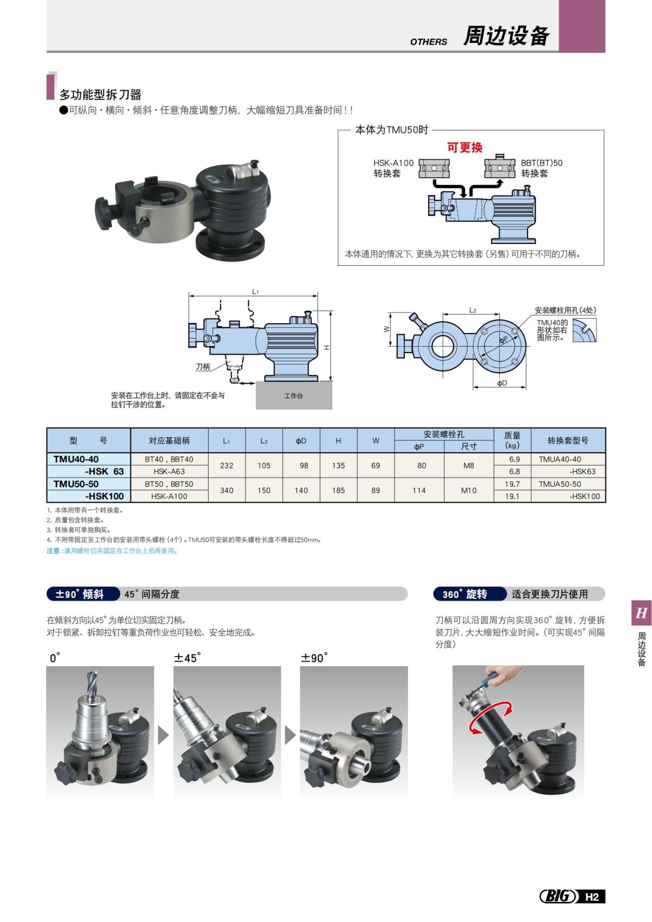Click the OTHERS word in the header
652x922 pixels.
(x=429, y=41)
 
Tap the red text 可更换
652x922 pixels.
(x=465, y=147)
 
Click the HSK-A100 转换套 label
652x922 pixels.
(x=393, y=168)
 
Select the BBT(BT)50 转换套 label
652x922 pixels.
(x=541, y=168)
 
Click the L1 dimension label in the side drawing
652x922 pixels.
(x=255, y=292)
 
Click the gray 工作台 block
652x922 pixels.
(x=294, y=396)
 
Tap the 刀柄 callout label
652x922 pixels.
(x=203, y=367)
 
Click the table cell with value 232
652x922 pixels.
(x=227, y=466)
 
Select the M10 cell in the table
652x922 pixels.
(x=468, y=490)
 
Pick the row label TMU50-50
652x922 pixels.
(x=76, y=484)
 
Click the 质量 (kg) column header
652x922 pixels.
(x=512, y=440)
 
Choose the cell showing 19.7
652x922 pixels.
(x=512, y=484)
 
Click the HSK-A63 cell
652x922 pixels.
(x=169, y=472)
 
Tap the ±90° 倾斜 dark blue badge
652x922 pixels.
(x=83, y=594)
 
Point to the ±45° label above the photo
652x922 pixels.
(x=187, y=658)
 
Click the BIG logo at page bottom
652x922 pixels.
(x=557, y=896)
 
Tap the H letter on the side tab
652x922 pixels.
(x=641, y=613)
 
